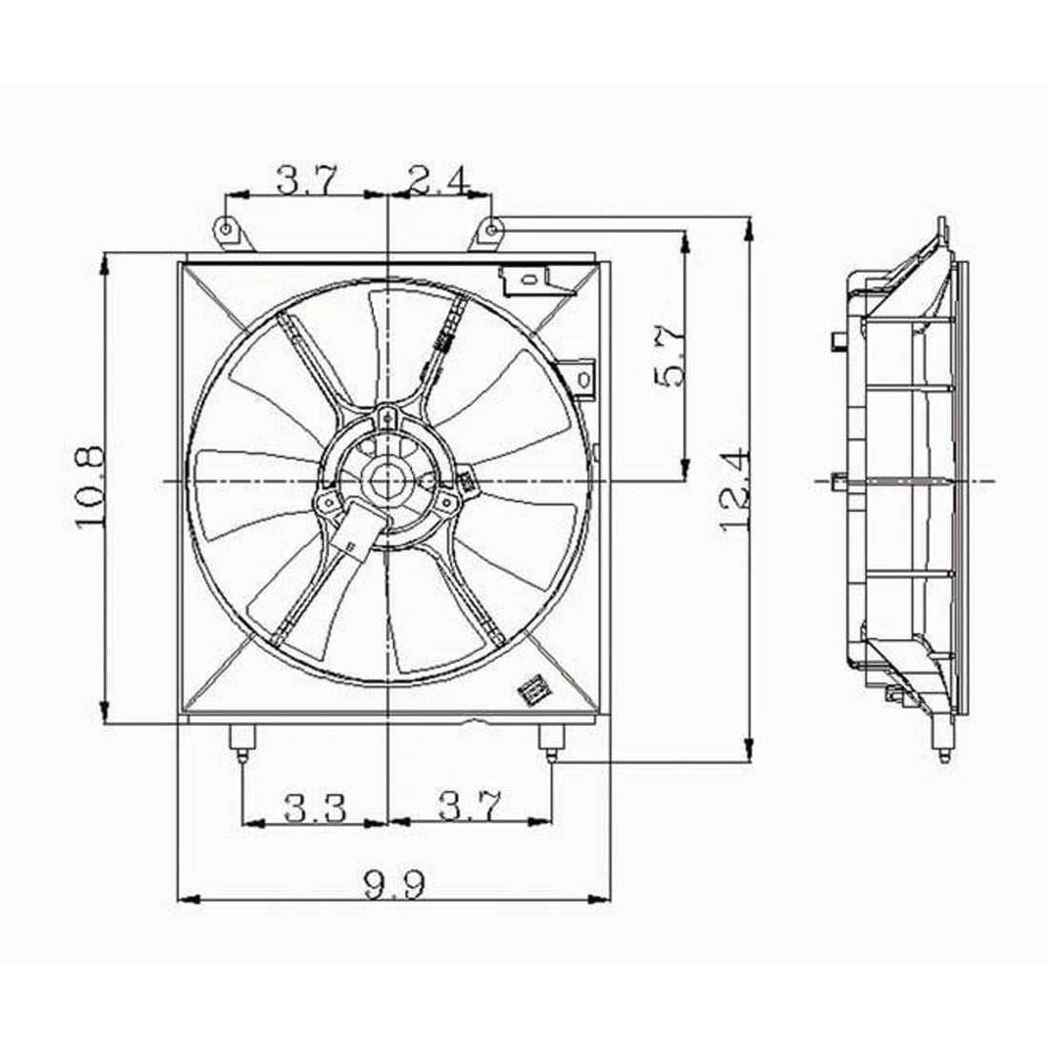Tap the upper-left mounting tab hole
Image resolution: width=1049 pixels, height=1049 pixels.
(225, 230)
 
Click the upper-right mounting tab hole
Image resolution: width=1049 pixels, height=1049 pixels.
(488, 230)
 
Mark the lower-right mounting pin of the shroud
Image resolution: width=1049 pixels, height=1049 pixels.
(552, 741)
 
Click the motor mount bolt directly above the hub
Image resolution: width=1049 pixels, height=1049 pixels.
(386, 416)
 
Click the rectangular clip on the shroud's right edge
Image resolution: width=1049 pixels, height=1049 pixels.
(584, 373)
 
